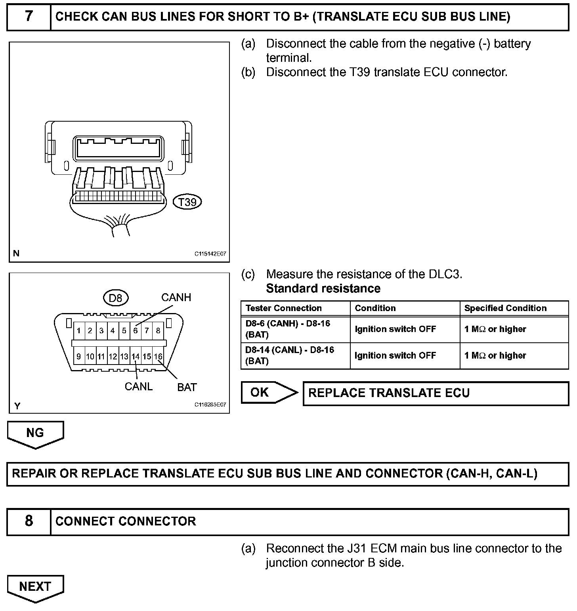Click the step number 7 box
pos(29,17)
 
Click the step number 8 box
pos(29,521)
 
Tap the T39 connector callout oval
pos(187,202)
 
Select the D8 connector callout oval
pos(115,298)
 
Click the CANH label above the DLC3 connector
pos(176,298)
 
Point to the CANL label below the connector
pos(138,386)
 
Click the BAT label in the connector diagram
pos(187,387)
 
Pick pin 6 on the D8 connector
pos(135,330)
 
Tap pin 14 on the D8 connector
pos(136,357)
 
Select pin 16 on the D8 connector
pos(158,357)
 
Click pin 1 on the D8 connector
pos(79,330)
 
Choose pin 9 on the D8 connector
pos(79,357)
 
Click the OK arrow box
pos(268,392)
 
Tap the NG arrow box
pos(35,433)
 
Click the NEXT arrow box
pos(35,587)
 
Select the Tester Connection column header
pos(284,308)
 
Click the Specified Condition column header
pos(505,308)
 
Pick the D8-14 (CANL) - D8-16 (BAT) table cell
pos(290,355)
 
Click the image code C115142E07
pos(210,254)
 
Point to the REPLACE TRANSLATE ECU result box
pos(436,393)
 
